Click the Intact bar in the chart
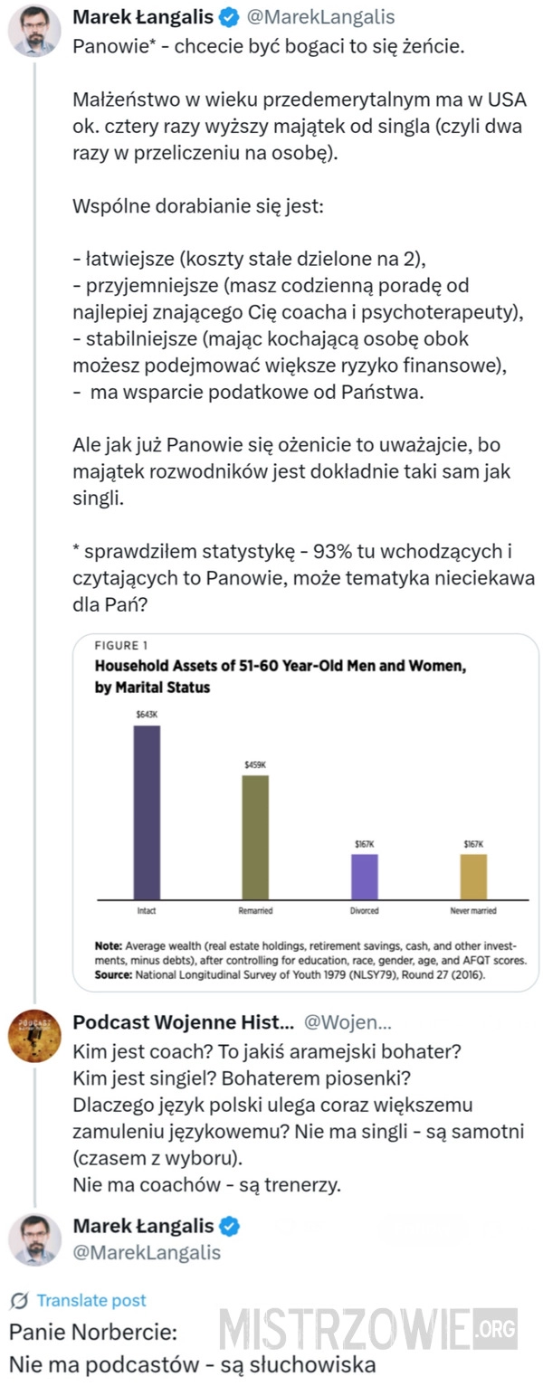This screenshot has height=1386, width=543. click(147, 812)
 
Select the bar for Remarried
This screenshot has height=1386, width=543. click(255, 836)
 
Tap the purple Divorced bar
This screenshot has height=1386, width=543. click(364, 875)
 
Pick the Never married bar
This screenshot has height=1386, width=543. click(473, 875)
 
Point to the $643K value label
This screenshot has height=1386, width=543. click(147, 714)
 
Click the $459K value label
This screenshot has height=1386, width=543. click(255, 764)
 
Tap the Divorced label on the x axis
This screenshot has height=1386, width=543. click(364, 910)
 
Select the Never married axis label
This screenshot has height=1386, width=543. click(473, 910)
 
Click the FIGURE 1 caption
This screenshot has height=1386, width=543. click(121, 646)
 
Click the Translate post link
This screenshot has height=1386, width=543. click(90, 1300)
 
